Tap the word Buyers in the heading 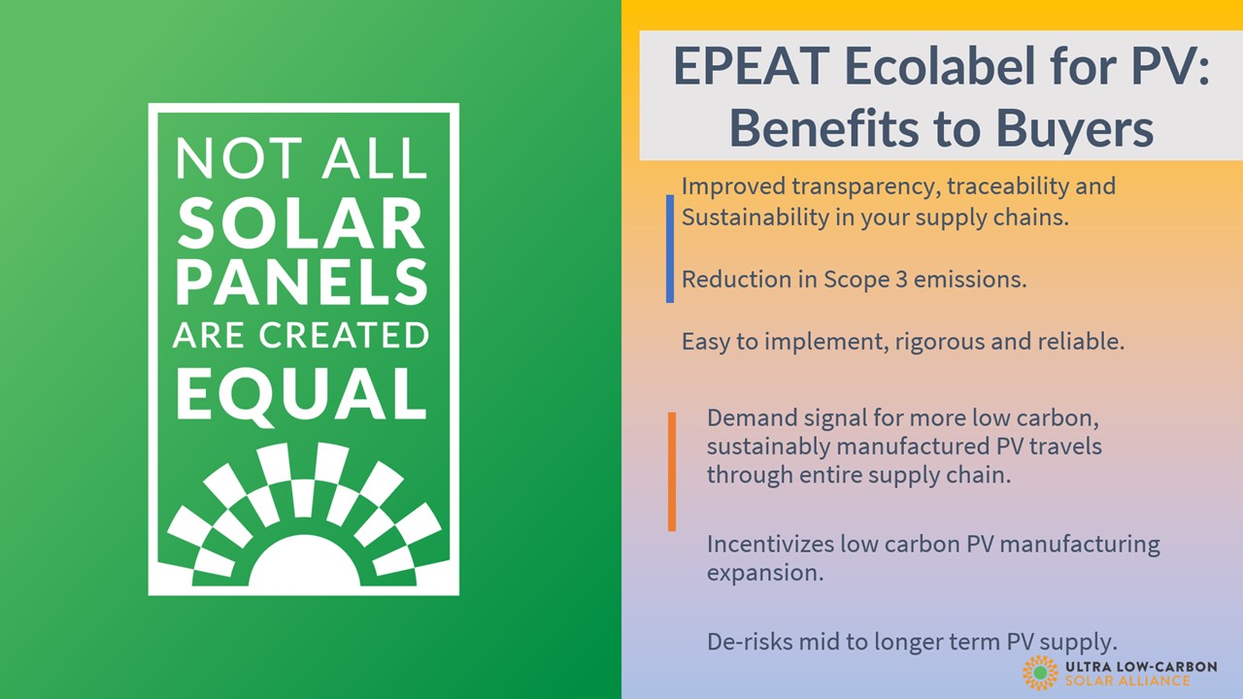[x=1075, y=129]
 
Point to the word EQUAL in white [x=301, y=394]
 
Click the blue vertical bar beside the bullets [x=670, y=249]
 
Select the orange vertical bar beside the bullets [x=672, y=472]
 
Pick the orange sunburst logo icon [x=1040, y=673]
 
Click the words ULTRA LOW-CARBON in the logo [x=1141, y=666]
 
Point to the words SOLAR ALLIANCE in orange [x=1127, y=681]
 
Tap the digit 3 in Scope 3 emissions [x=900, y=280]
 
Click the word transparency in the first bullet [x=866, y=187]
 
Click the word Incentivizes [x=770, y=544]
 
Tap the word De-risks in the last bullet [x=750, y=642]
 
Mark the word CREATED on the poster [x=344, y=335]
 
